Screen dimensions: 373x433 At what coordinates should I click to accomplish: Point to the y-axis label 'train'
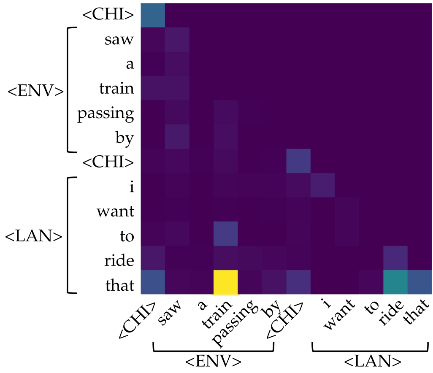(x=117, y=89)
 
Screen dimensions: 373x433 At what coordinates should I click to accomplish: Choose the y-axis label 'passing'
(x=106, y=114)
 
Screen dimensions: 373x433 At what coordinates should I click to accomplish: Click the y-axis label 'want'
(x=116, y=211)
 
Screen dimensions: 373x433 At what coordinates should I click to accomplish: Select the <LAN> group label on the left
(x=33, y=237)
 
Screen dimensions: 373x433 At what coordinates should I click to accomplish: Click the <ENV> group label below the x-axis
(x=213, y=361)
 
